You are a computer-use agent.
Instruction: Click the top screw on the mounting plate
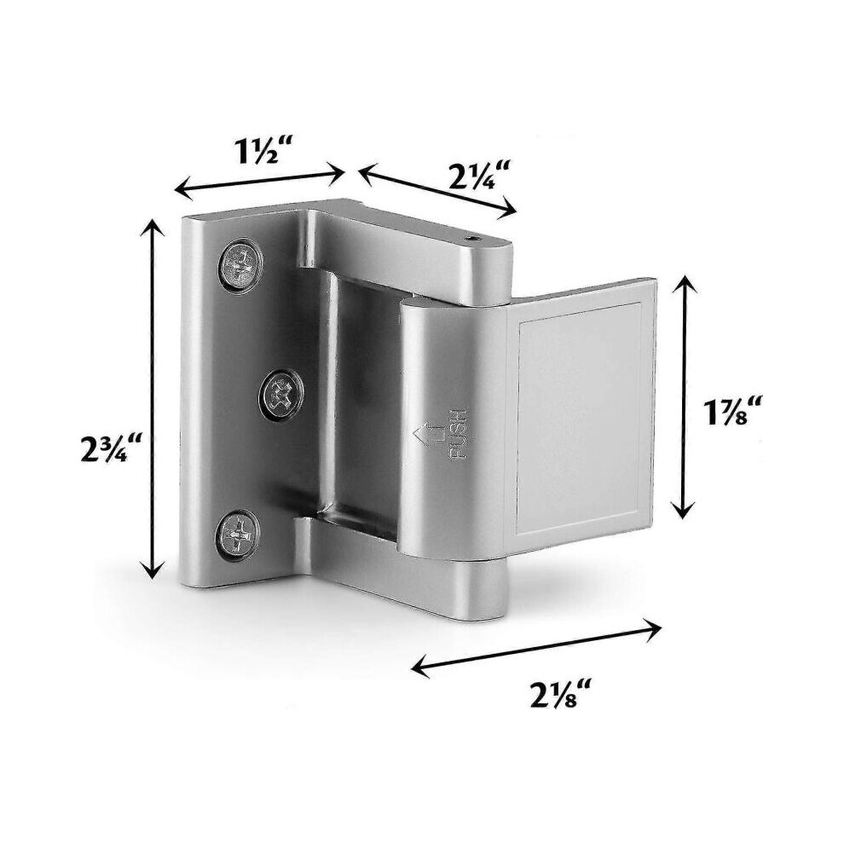tap(240, 264)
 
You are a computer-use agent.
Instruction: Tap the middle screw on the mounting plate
tap(281, 395)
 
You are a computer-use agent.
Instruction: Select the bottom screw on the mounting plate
tap(237, 535)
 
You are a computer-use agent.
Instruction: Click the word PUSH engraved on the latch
tap(458, 435)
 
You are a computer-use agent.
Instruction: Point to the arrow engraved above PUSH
tap(426, 434)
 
